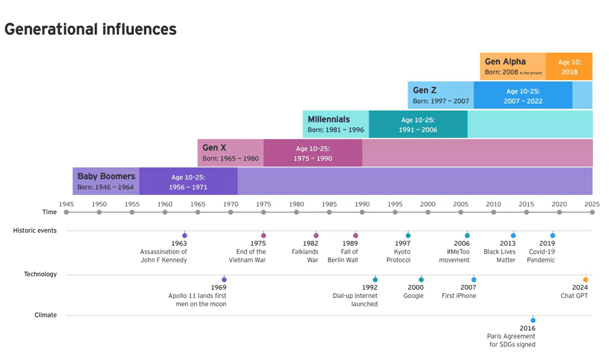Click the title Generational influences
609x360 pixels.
(91, 29)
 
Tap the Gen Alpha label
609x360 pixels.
(505, 61)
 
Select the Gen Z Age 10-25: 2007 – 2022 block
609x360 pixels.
(523, 96)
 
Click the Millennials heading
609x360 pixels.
(329, 119)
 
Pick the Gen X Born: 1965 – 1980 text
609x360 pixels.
(230, 159)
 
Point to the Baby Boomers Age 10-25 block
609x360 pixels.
(188, 182)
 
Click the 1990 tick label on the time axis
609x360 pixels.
(362, 204)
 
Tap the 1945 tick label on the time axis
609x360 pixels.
(66, 204)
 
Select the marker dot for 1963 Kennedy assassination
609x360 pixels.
(184, 236)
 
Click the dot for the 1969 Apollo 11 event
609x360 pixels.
(224, 279)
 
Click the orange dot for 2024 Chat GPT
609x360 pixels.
(585, 279)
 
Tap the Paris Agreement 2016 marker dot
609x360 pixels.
(533, 320)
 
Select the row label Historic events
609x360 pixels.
(35, 231)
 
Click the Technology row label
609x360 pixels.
(40, 274)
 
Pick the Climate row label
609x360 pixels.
(46, 315)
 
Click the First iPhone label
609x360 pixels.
(459, 296)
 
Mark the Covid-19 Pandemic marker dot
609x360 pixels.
(552, 236)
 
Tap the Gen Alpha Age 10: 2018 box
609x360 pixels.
(569, 67)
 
